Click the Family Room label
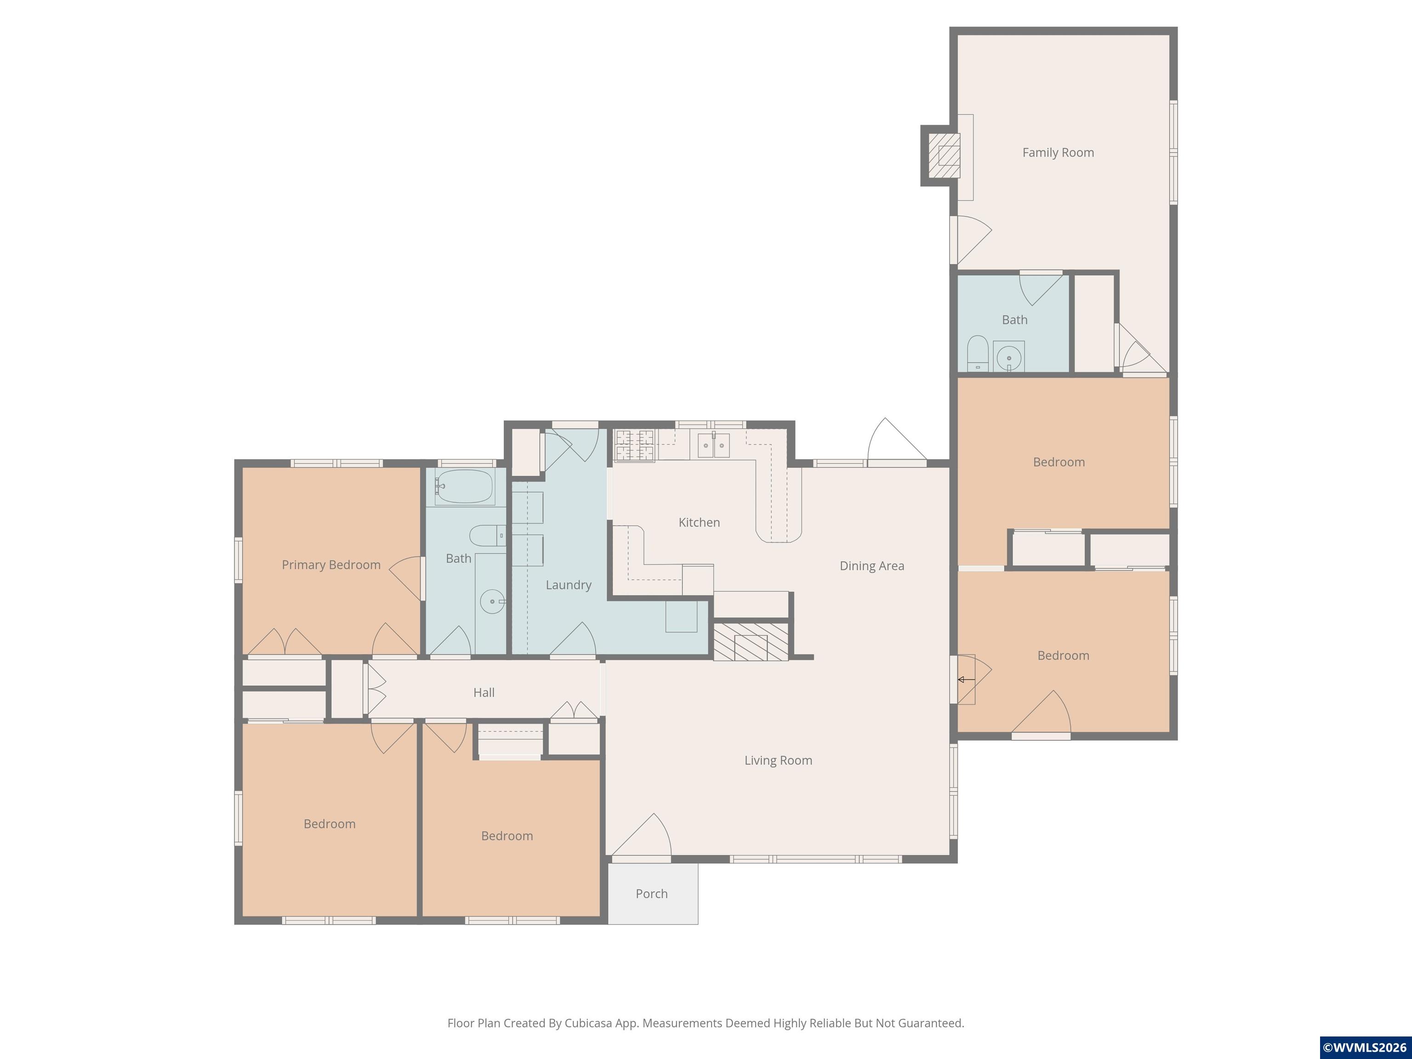click(1058, 153)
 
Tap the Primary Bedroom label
click(330, 565)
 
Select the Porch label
click(651, 894)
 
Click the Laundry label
click(568, 585)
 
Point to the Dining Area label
click(871, 565)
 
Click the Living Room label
click(778, 760)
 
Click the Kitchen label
click(699, 522)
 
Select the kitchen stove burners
click(634, 445)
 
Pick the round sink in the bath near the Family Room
click(1008, 358)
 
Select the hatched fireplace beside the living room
click(751, 642)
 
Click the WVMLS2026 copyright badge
click(1365, 1048)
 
